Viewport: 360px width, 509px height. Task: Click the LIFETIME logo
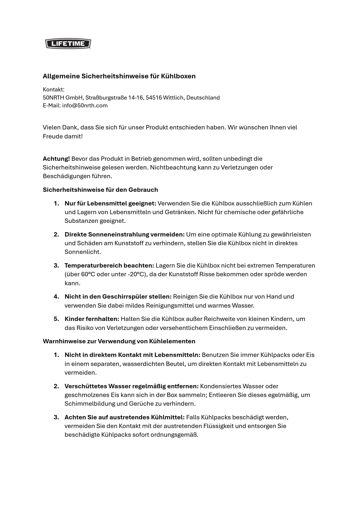tap(68, 44)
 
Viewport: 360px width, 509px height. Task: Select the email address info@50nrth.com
tap(85, 105)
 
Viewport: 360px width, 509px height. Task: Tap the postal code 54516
tap(154, 98)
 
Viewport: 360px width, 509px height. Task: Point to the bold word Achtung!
tap(56, 159)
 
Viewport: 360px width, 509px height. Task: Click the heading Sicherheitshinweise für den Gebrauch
tap(100, 190)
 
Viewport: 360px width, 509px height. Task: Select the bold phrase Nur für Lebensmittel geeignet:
tap(110, 203)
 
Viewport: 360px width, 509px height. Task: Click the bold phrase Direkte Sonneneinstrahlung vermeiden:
tap(125, 234)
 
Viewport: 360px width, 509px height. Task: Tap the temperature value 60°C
tap(88, 274)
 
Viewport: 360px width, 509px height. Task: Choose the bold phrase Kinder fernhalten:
tap(92, 319)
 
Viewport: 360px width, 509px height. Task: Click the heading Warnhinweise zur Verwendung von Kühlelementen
tap(119, 341)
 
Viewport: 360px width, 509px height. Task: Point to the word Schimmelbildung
tap(88, 404)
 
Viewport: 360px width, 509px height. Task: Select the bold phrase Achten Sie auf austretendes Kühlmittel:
tap(125, 417)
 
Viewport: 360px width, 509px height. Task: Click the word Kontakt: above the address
tap(53, 89)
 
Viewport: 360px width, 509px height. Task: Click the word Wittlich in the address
tap(173, 98)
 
